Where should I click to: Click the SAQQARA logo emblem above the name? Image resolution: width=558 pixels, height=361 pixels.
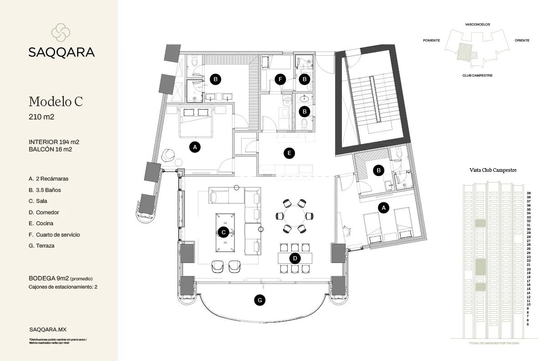(61, 31)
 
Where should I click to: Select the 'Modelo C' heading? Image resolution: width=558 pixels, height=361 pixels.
(56, 101)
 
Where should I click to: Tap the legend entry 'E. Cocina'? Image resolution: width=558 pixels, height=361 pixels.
(41, 223)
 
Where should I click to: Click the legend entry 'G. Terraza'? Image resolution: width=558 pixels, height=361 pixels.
(41, 246)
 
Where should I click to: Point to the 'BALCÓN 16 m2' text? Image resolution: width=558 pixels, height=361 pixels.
(51, 149)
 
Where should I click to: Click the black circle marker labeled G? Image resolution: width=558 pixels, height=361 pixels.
(259, 300)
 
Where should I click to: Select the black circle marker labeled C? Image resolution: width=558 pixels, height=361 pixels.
(223, 232)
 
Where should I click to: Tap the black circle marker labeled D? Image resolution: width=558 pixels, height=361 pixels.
(295, 258)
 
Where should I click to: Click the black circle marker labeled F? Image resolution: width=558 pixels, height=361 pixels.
(281, 79)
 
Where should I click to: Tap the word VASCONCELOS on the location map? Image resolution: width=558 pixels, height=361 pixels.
(477, 24)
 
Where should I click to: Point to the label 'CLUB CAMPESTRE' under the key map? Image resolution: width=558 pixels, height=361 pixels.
(477, 76)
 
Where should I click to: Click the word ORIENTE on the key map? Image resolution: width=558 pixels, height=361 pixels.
(522, 41)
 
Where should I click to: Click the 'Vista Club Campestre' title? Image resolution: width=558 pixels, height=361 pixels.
(493, 170)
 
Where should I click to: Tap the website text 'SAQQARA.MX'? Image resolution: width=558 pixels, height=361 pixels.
(44, 329)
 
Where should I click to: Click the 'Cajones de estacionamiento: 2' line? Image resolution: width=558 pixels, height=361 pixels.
(63, 287)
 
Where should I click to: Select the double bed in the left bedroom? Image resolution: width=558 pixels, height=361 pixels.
(196, 121)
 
